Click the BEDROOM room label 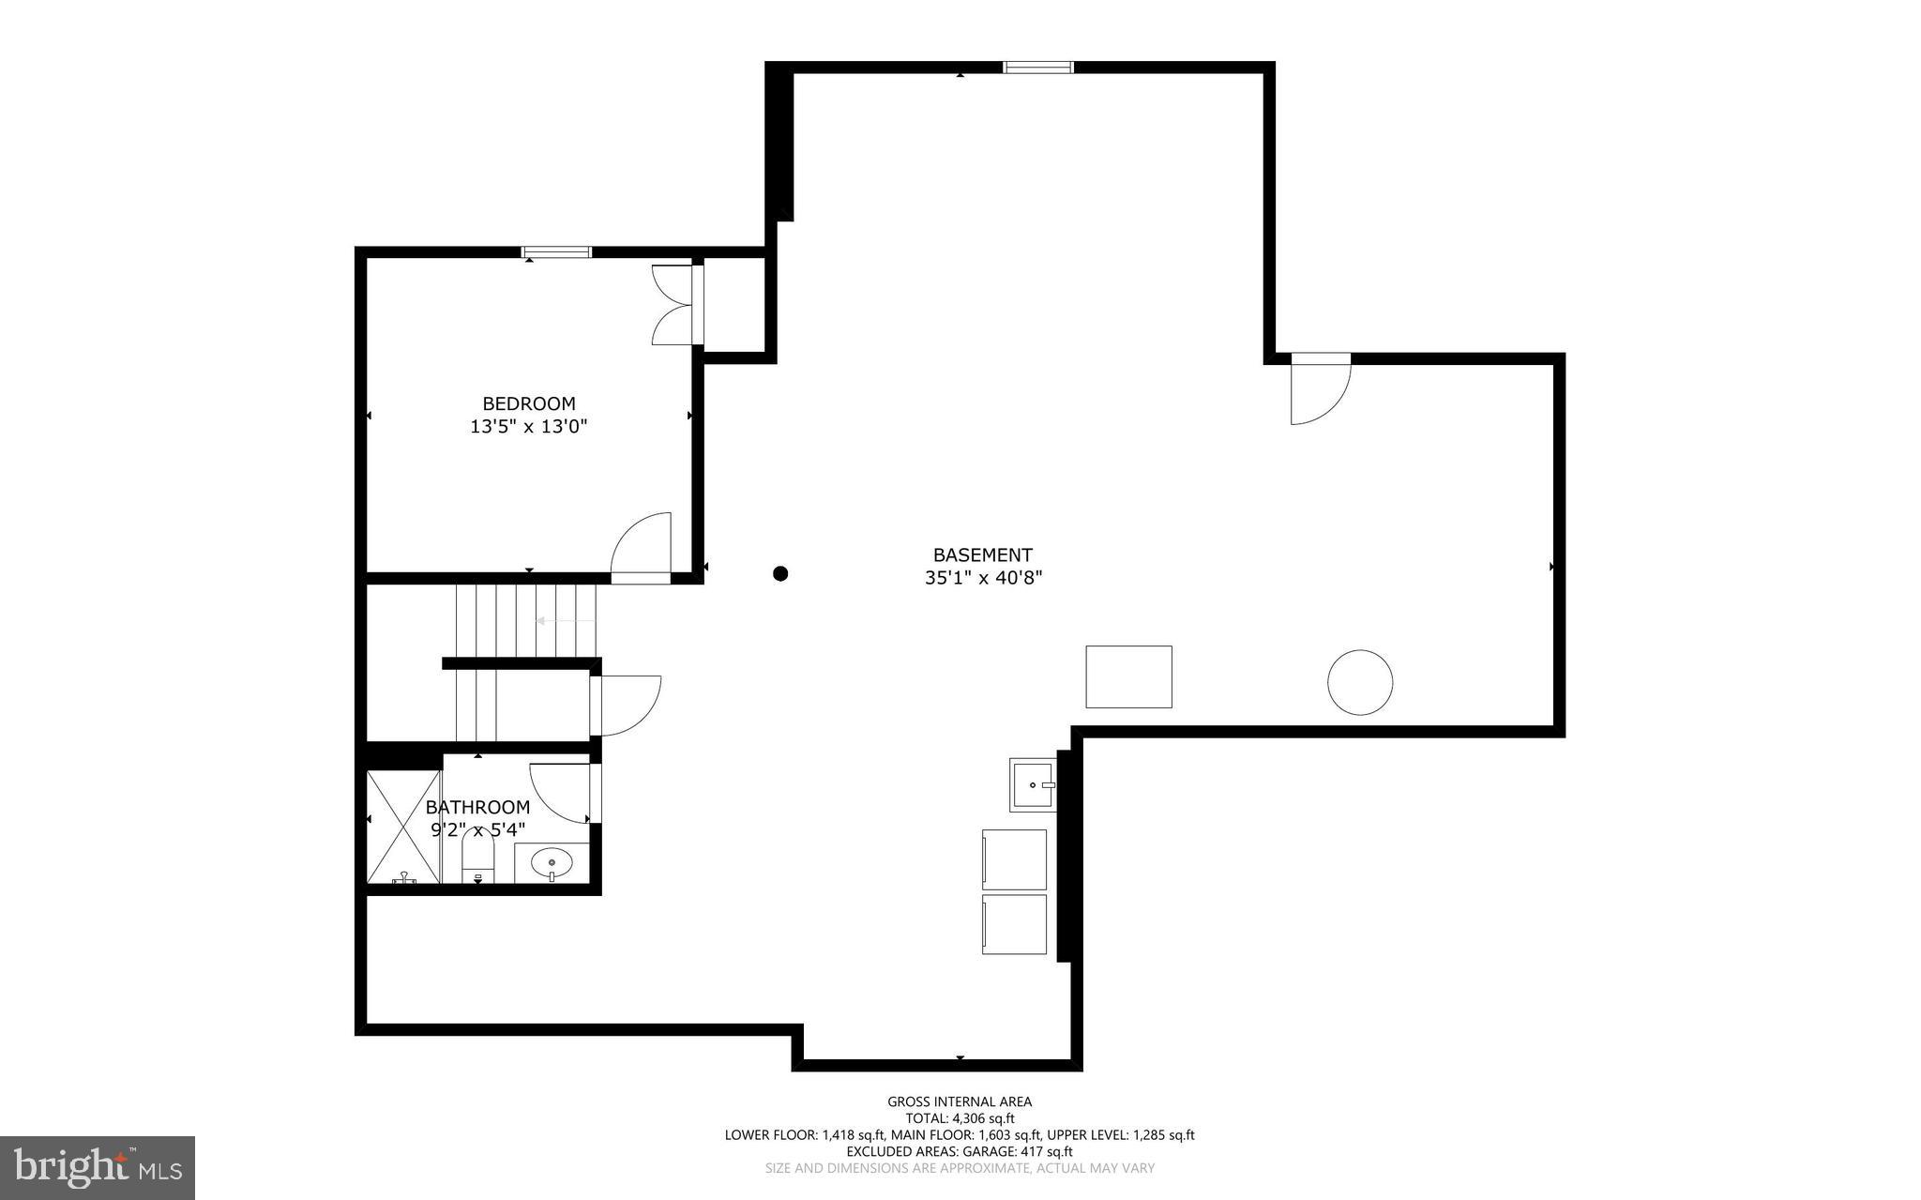[x=528, y=403]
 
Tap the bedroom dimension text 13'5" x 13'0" [x=528, y=427]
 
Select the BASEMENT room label [x=982, y=554]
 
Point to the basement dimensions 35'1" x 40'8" [x=983, y=578]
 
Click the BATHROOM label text [x=477, y=807]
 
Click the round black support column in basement [x=780, y=573]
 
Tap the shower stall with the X [x=403, y=827]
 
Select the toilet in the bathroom [x=478, y=860]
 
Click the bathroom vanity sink [x=552, y=861]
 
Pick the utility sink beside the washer [x=1032, y=784]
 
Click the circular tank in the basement [x=1359, y=682]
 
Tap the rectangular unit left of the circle [x=1128, y=676]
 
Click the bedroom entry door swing [x=643, y=546]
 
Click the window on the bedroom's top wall [x=556, y=251]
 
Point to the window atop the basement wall [x=1037, y=67]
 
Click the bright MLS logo [x=98, y=1167]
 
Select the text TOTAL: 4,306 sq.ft [x=960, y=1118]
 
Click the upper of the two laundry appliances [x=1014, y=859]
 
